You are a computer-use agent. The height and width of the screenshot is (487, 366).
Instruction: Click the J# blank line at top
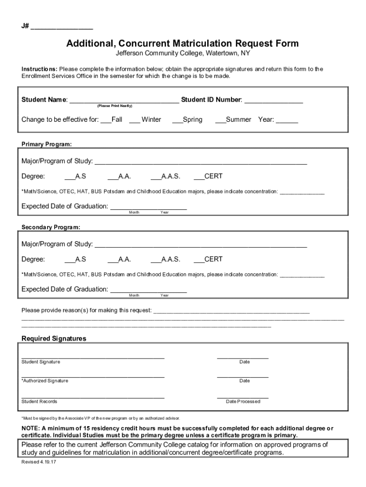coord(62,27)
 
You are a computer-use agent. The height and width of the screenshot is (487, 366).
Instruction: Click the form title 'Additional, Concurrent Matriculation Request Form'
coord(183,44)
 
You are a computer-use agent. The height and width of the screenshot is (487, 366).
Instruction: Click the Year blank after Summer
coord(287,120)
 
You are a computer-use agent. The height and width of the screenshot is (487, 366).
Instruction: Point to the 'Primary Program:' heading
coord(47,144)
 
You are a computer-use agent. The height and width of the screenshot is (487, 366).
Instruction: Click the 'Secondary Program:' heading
coord(51,227)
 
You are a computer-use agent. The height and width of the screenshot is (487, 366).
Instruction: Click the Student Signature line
coord(93,357)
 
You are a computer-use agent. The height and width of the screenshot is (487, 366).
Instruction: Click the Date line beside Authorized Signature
coord(242,376)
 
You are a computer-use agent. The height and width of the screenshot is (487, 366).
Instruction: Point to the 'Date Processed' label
coord(243,401)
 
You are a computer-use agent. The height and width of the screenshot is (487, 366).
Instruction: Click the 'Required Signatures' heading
coord(54,339)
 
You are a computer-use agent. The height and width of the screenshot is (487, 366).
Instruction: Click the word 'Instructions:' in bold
coord(39,69)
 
